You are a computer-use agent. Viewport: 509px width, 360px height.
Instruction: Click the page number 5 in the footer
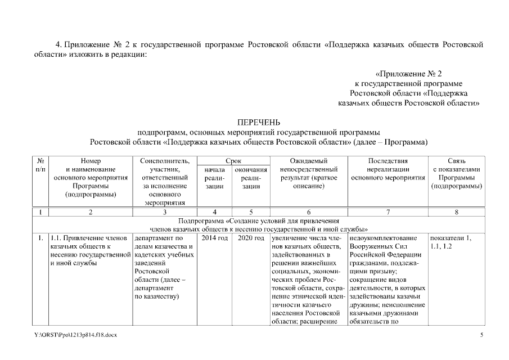tap(481, 336)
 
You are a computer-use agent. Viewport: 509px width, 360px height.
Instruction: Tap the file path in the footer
tap(75, 336)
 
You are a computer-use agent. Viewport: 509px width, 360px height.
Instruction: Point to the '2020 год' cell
tap(251, 238)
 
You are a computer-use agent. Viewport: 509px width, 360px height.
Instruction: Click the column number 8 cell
tap(456, 212)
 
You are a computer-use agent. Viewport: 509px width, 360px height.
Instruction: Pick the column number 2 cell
tap(91, 212)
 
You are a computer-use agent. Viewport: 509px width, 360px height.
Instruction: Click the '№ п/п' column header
tap(40, 165)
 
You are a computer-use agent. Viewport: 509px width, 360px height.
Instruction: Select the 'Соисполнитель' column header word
tap(164, 161)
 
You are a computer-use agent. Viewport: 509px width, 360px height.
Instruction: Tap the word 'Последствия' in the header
tap(388, 161)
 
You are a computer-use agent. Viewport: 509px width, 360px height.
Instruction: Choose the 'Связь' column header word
tap(457, 161)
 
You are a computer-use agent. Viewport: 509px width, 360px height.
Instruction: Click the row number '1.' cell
tap(40, 238)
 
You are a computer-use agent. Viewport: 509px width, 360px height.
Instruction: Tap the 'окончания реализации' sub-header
tap(251, 178)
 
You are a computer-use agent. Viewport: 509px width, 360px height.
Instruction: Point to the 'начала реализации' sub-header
tap(214, 178)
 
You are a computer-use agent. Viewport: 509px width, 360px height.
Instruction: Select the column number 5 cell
tap(251, 212)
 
